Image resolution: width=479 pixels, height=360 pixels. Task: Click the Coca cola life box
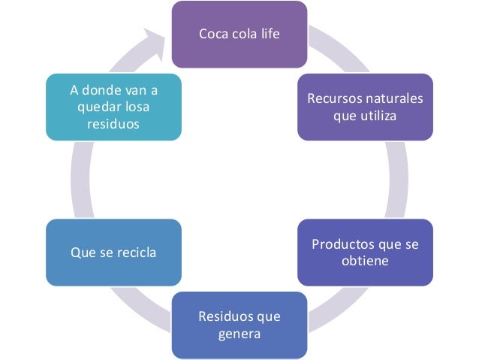click(x=239, y=35)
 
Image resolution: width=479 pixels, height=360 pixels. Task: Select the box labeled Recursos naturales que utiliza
click(x=364, y=107)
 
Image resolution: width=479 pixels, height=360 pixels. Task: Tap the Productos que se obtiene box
click(x=364, y=253)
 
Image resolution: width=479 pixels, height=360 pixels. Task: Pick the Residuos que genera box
click(x=239, y=325)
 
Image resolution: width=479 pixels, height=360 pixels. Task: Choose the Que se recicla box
click(x=113, y=253)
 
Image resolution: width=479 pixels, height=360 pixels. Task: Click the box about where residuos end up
click(x=113, y=107)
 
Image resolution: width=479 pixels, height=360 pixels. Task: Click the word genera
click(x=239, y=333)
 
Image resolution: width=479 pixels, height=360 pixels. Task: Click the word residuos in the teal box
click(x=113, y=123)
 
